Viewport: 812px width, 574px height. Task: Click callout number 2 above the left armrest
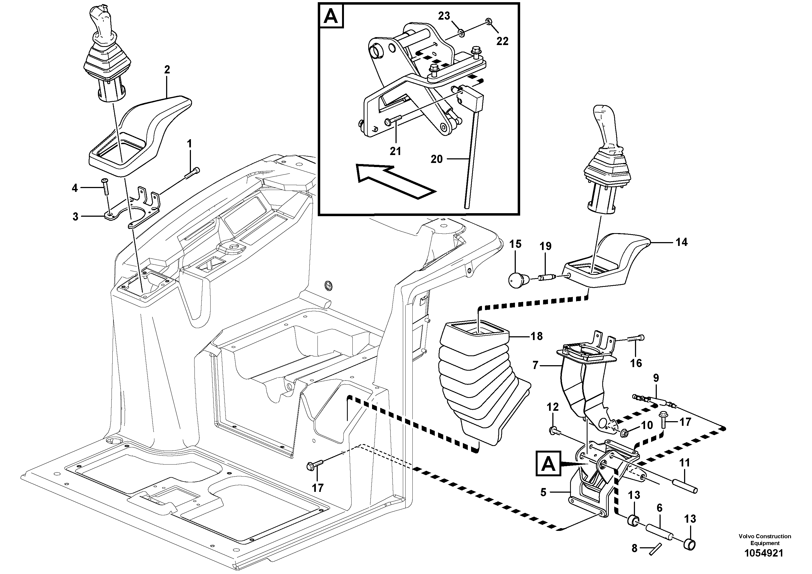(x=167, y=70)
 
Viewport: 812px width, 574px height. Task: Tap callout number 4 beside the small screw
(x=75, y=188)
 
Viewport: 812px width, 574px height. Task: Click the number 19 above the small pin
(x=545, y=246)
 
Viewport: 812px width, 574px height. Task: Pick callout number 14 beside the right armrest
(x=682, y=242)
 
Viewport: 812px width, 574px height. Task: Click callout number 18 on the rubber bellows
(x=537, y=336)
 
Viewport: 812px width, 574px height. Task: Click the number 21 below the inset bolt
(x=395, y=151)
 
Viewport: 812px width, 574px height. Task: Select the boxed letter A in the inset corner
(x=331, y=17)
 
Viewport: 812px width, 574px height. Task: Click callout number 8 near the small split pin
(x=634, y=549)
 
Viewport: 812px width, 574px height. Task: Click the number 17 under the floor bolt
(x=317, y=488)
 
